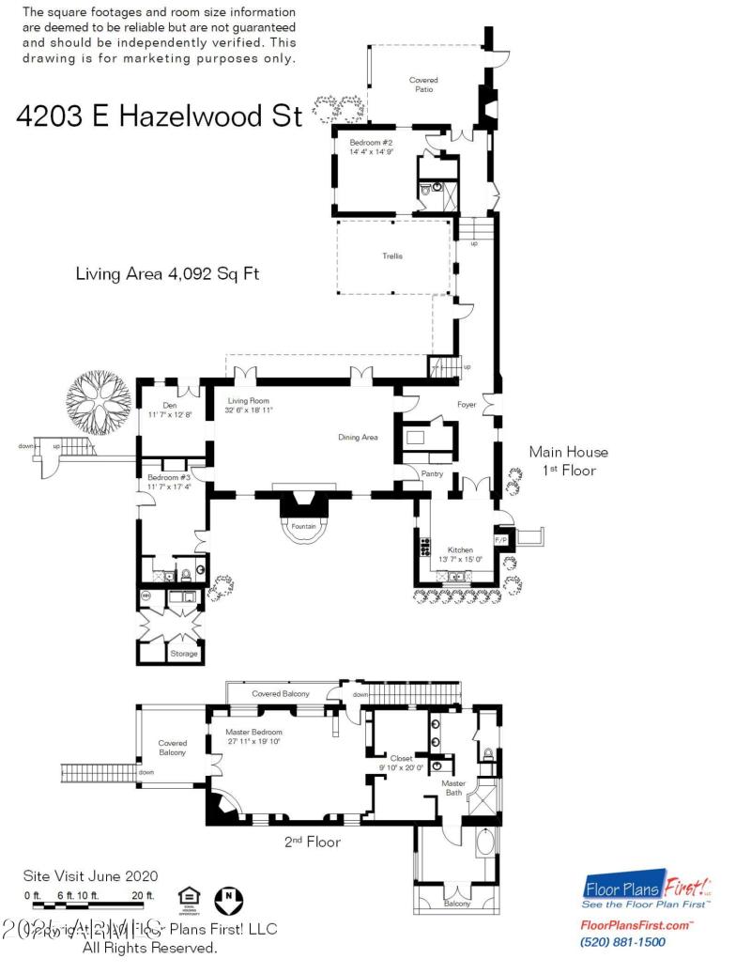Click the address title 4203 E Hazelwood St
(x=160, y=116)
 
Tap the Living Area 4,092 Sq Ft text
(x=166, y=274)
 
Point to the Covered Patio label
(x=423, y=85)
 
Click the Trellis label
(x=391, y=256)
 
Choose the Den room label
(x=170, y=407)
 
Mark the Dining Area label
(x=359, y=437)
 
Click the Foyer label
(x=467, y=405)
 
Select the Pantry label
(x=432, y=473)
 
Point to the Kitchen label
(x=460, y=549)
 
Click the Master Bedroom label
(x=253, y=733)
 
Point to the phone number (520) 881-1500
(x=623, y=942)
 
